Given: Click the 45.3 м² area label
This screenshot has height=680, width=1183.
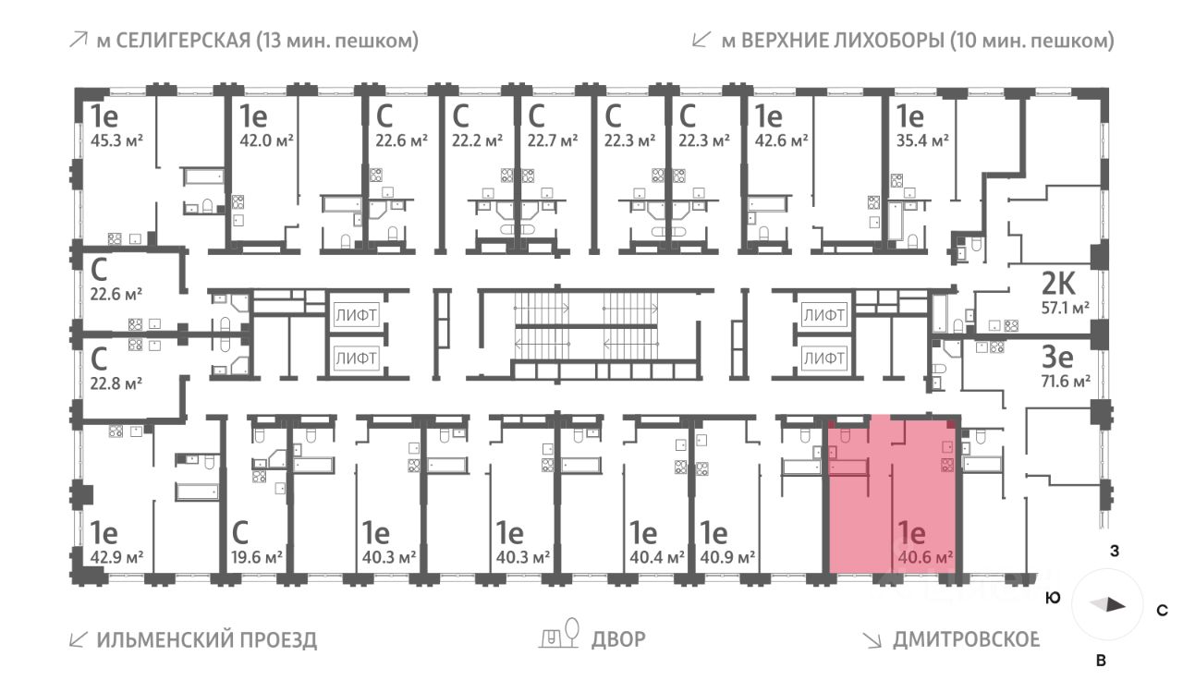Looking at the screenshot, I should pos(116,140).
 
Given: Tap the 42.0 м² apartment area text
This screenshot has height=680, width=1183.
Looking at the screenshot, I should pos(267,140).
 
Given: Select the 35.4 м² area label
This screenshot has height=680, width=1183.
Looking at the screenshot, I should pos(925,140).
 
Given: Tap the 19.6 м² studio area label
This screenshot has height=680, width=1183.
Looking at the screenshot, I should pos(256,557).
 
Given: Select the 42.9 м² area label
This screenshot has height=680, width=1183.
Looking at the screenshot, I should pos(116,557).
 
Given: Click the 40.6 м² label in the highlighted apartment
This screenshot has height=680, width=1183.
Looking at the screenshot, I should pos(924,557).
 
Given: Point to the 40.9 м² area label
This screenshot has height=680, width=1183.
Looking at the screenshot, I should pos(727,557).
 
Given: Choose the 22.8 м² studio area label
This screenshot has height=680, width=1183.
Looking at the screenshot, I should pos(116,381).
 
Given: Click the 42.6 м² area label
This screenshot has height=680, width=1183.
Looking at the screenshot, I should pos(781,140).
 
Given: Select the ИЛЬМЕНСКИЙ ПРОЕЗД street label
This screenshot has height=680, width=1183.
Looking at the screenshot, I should pos(206,639).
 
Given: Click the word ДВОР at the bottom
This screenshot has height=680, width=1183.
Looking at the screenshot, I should pos(617,639).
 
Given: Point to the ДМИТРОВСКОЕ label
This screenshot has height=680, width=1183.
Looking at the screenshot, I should pos(966,639).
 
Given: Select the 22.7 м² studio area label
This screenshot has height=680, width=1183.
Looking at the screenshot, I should pos(553,140).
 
